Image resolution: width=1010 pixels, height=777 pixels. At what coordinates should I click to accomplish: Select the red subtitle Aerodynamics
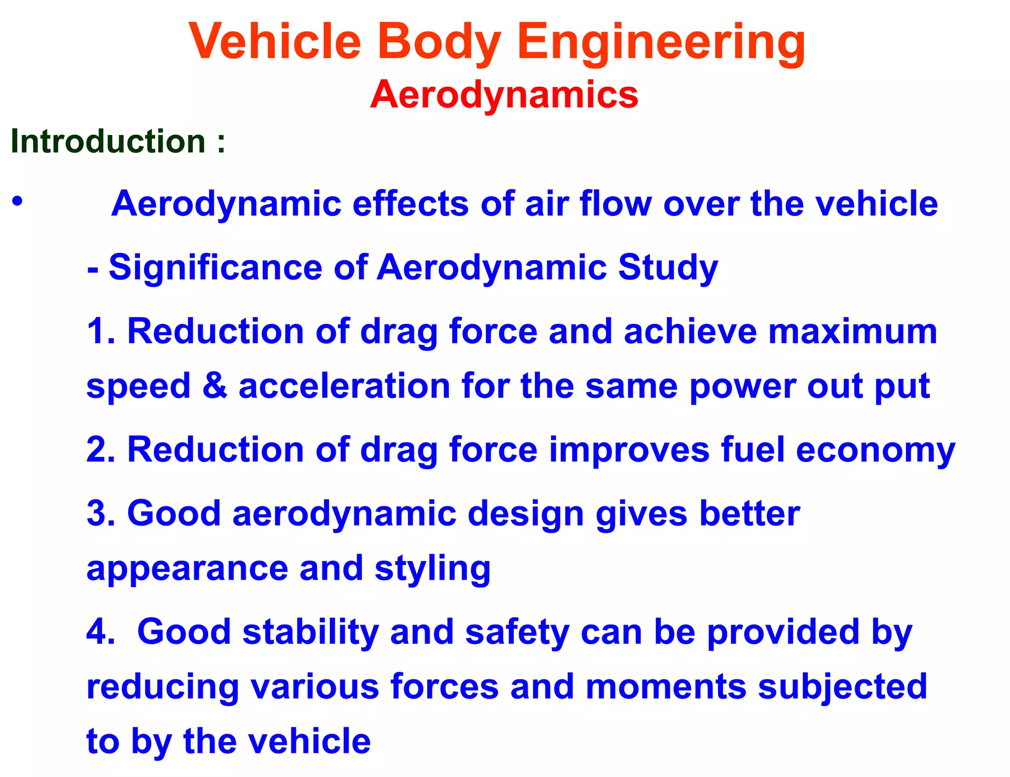(x=504, y=94)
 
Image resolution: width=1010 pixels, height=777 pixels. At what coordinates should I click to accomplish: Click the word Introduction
(x=108, y=141)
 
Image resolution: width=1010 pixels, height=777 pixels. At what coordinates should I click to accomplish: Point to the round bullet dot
(x=18, y=201)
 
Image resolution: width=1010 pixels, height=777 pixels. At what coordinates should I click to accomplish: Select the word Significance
(x=215, y=267)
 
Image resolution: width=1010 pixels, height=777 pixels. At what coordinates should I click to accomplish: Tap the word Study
(x=668, y=267)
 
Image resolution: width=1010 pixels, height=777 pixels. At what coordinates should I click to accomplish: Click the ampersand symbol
(x=215, y=386)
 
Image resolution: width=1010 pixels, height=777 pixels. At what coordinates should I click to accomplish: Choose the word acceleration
(x=344, y=386)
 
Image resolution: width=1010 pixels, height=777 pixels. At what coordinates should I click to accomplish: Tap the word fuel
(x=752, y=450)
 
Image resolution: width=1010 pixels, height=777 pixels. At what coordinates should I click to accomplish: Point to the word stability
(x=310, y=632)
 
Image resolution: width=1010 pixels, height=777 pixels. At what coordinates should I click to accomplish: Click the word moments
(x=666, y=687)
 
